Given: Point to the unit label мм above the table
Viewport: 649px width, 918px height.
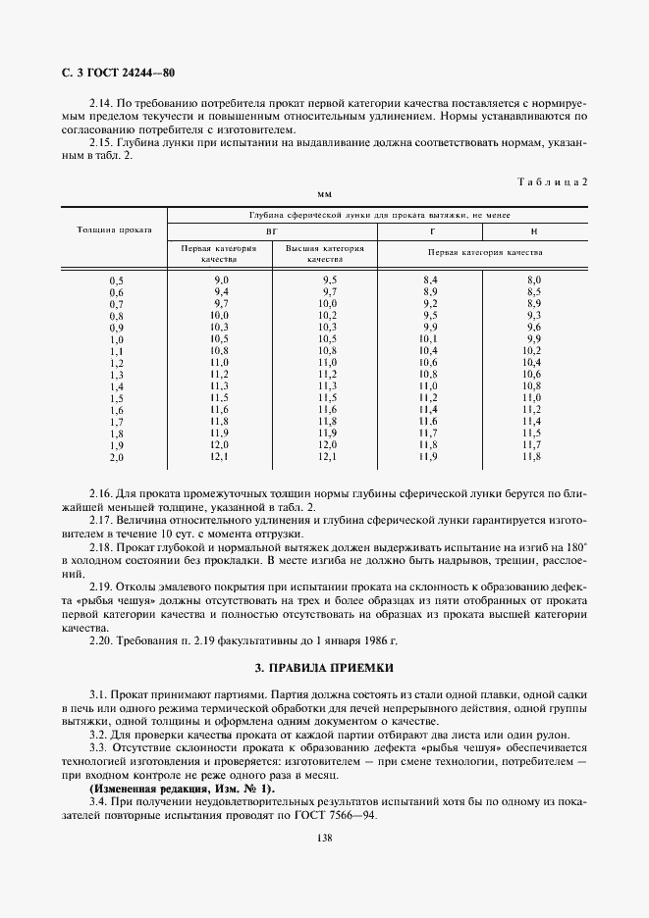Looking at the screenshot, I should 324,194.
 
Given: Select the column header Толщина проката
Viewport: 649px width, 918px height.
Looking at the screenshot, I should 114,230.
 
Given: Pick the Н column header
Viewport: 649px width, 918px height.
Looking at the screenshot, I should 533,230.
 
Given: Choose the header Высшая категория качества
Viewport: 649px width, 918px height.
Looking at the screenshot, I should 324,254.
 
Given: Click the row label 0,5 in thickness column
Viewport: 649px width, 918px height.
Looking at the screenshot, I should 117,280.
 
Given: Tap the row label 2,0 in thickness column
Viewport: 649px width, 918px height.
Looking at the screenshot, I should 117,457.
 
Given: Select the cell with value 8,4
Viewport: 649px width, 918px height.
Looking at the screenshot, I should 428,280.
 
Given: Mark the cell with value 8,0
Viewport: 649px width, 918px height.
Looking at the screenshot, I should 533,280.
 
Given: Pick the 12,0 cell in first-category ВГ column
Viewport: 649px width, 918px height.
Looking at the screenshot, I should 220,445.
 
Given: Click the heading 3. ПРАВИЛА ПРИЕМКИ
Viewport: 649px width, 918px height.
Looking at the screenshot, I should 324,668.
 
